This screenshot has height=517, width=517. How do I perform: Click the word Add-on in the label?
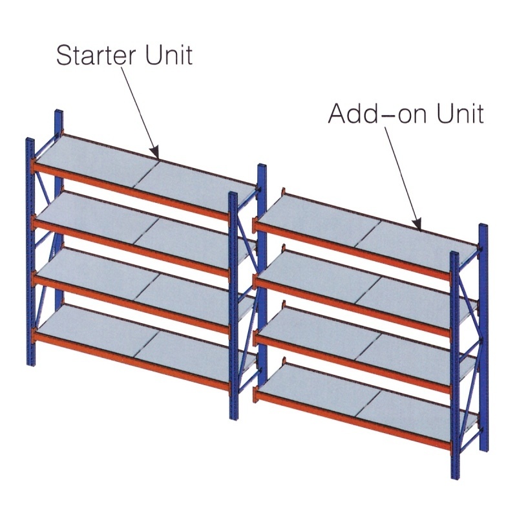(x=378, y=113)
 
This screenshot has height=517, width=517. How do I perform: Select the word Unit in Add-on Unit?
(x=460, y=113)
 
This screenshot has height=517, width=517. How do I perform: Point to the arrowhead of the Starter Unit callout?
(x=156, y=154)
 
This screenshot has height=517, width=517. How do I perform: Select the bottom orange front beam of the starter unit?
(x=131, y=360)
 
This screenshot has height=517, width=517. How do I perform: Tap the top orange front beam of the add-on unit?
(x=353, y=249)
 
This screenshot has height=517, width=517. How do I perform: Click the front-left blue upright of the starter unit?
(x=30, y=251)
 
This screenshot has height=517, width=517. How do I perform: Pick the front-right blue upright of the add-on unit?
(x=455, y=364)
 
